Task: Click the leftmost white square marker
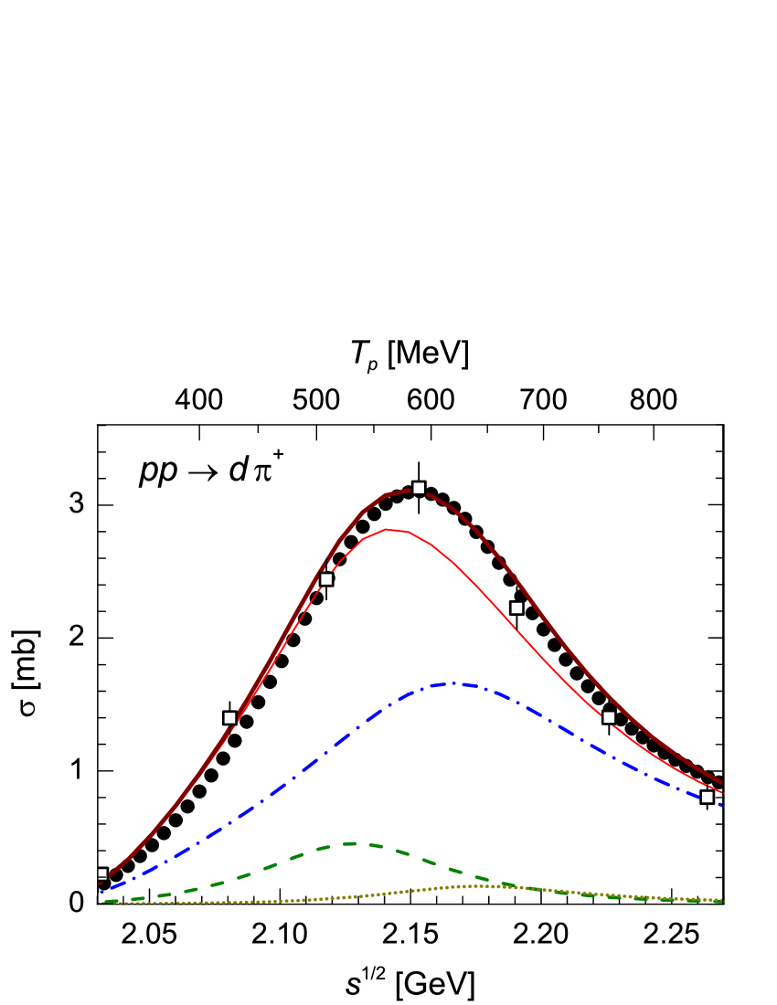click(x=101, y=874)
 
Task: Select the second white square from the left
click(x=229, y=718)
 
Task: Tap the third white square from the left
click(x=326, y=579)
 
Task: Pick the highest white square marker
click(x=419, y=488)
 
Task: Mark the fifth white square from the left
click(x=516, y=608)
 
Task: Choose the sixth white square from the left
click(x=609, y=717)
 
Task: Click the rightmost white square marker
click(x=707, y=798)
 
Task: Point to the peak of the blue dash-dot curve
click(x=454, y=683)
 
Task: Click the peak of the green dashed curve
click(x=351, y=843)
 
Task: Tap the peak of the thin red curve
click(x=388, y=529)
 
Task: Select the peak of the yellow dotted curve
click(x=475, y=885)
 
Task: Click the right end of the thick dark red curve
click(x=722, y=782)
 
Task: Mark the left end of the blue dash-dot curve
click(x=100, y=892)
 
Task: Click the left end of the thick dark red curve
click(x=100, y=883)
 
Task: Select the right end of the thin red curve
click(x=722, y=792)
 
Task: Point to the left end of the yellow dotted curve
click(x=101, y=903)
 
